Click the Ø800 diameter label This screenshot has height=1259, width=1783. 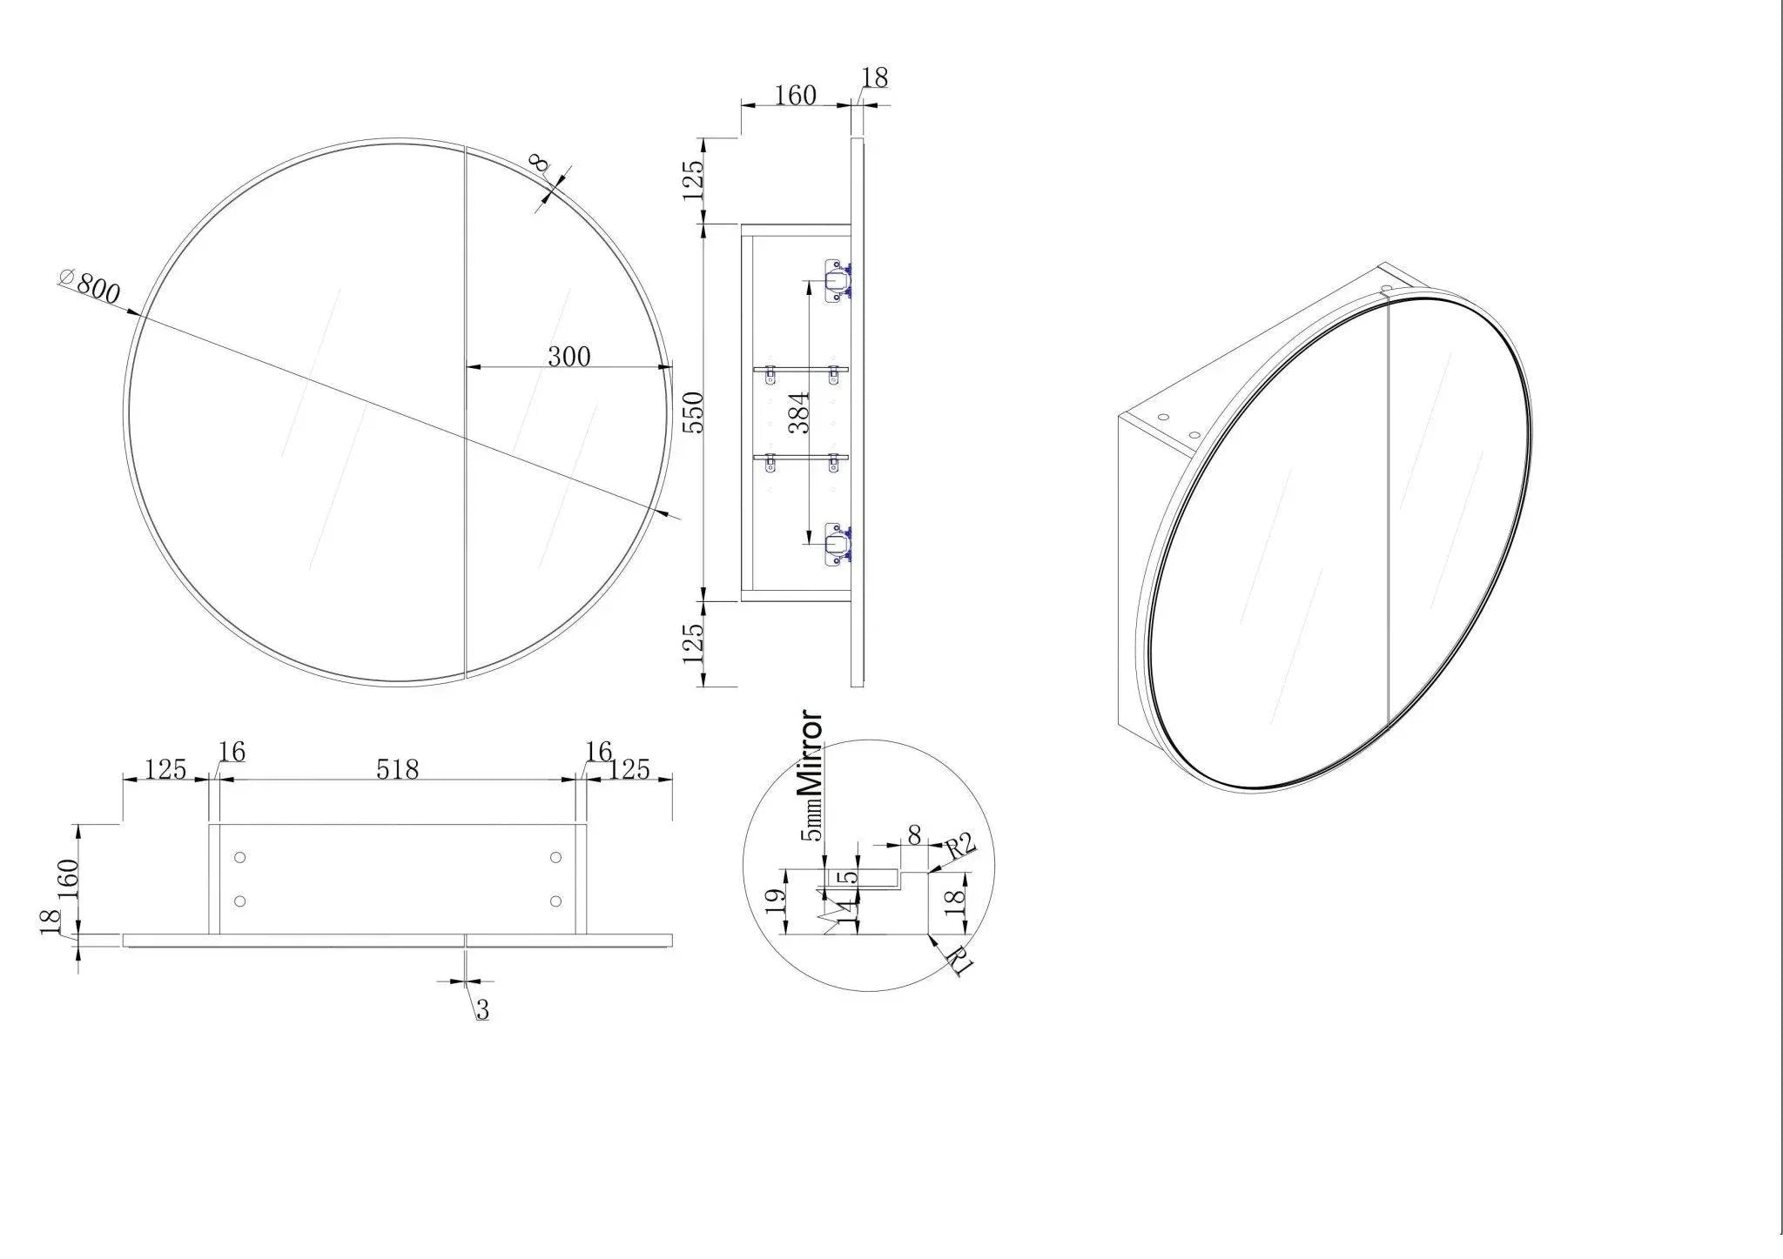click(89, 287)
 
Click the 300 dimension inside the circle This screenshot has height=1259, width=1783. click(569, 356)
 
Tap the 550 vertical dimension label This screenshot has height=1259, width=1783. click(692, 412)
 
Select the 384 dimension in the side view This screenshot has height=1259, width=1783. click(798, 412)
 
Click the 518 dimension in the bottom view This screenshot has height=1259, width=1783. click(397, 769)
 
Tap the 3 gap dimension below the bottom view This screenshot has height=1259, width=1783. click(482, 1010)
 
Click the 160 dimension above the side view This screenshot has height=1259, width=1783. click(795, 95)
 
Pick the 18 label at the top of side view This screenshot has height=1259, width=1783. click(874, 78)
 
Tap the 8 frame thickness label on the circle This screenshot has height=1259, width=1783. click(540, 164)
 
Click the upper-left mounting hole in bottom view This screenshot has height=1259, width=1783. click(241, 858)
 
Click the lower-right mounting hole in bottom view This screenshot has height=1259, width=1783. click(556, 901)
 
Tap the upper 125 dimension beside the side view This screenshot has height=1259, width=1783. click(693, 181)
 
